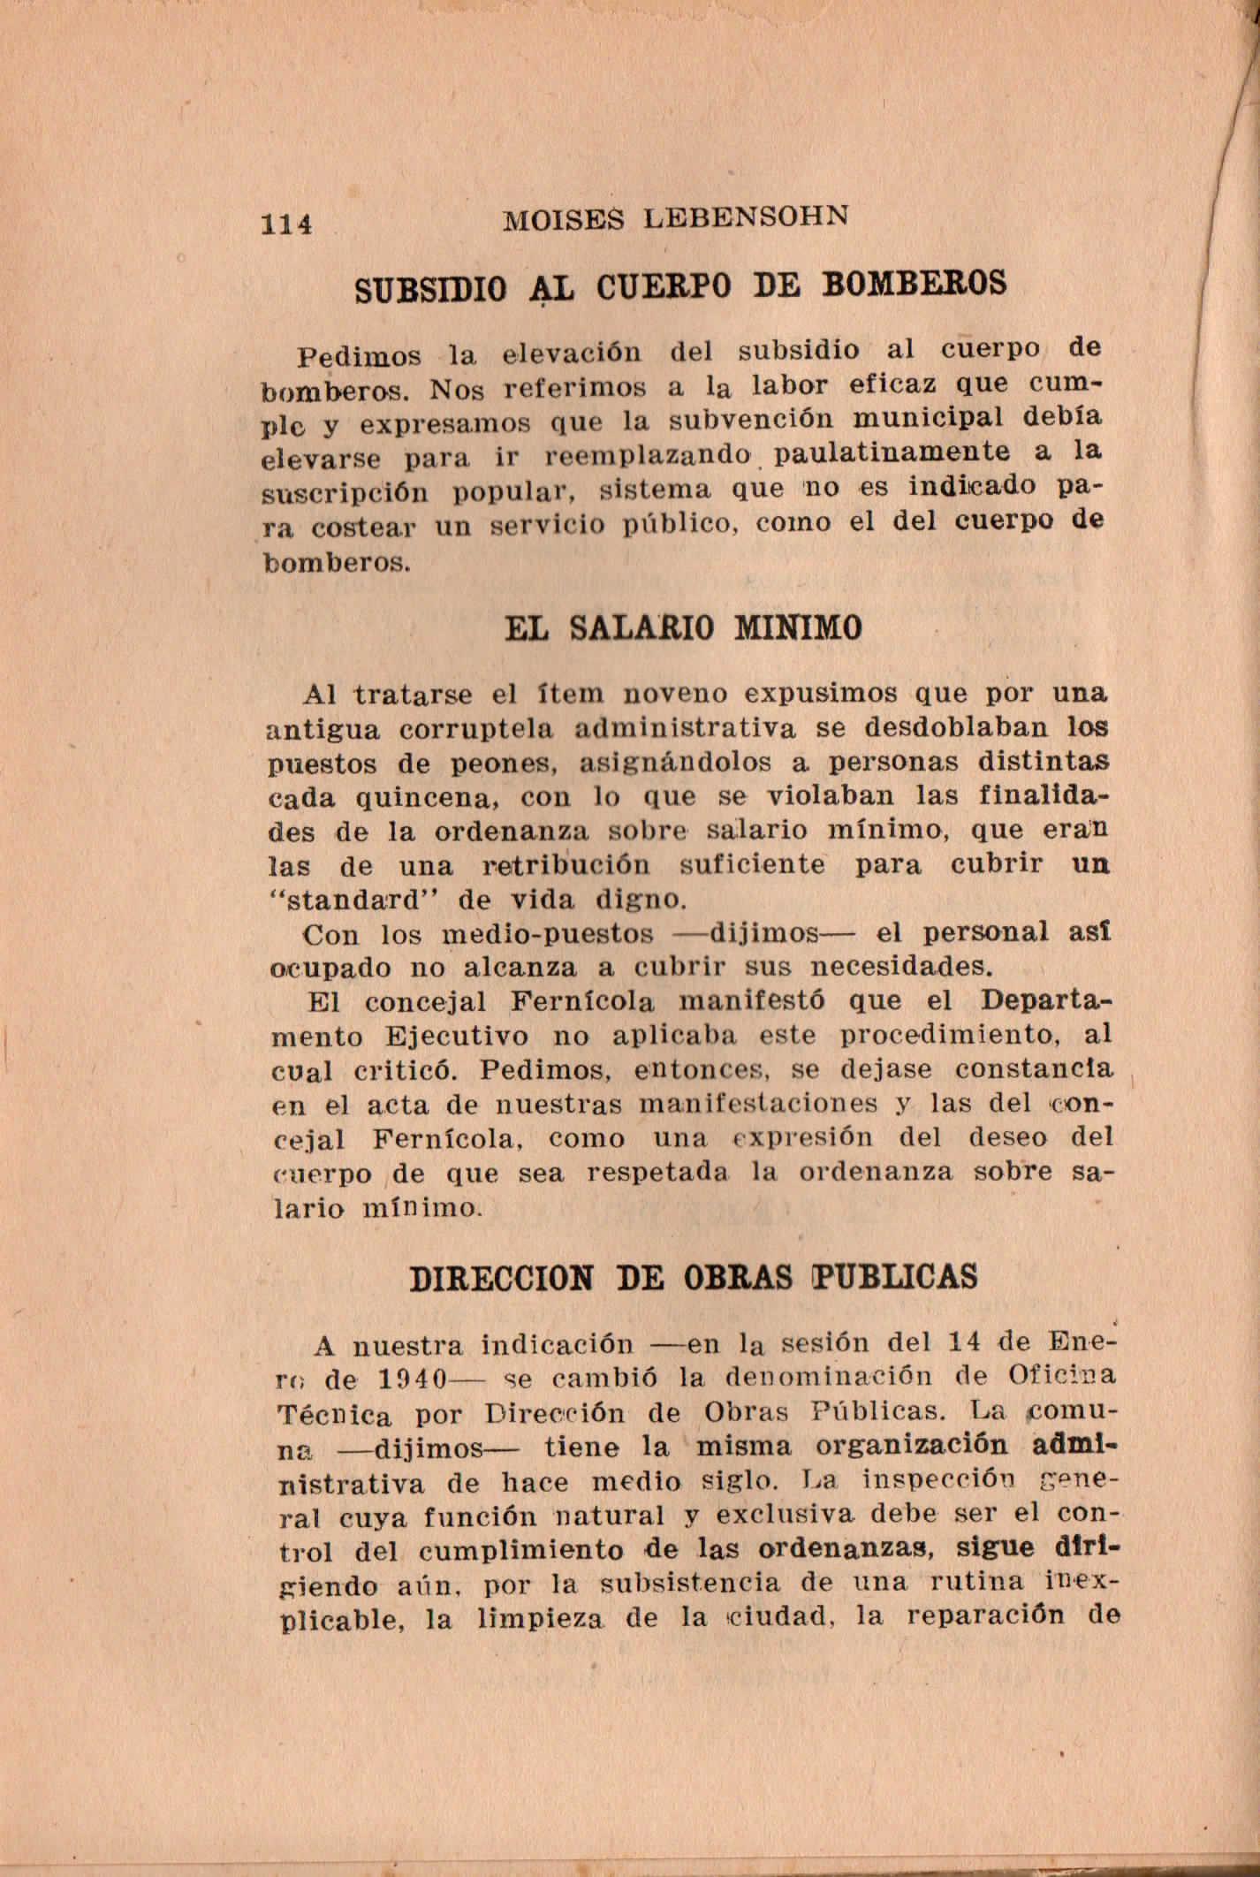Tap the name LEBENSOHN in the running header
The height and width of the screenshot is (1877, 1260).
[x=747, y=217]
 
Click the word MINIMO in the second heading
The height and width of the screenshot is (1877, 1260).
[x=798, y=627]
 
